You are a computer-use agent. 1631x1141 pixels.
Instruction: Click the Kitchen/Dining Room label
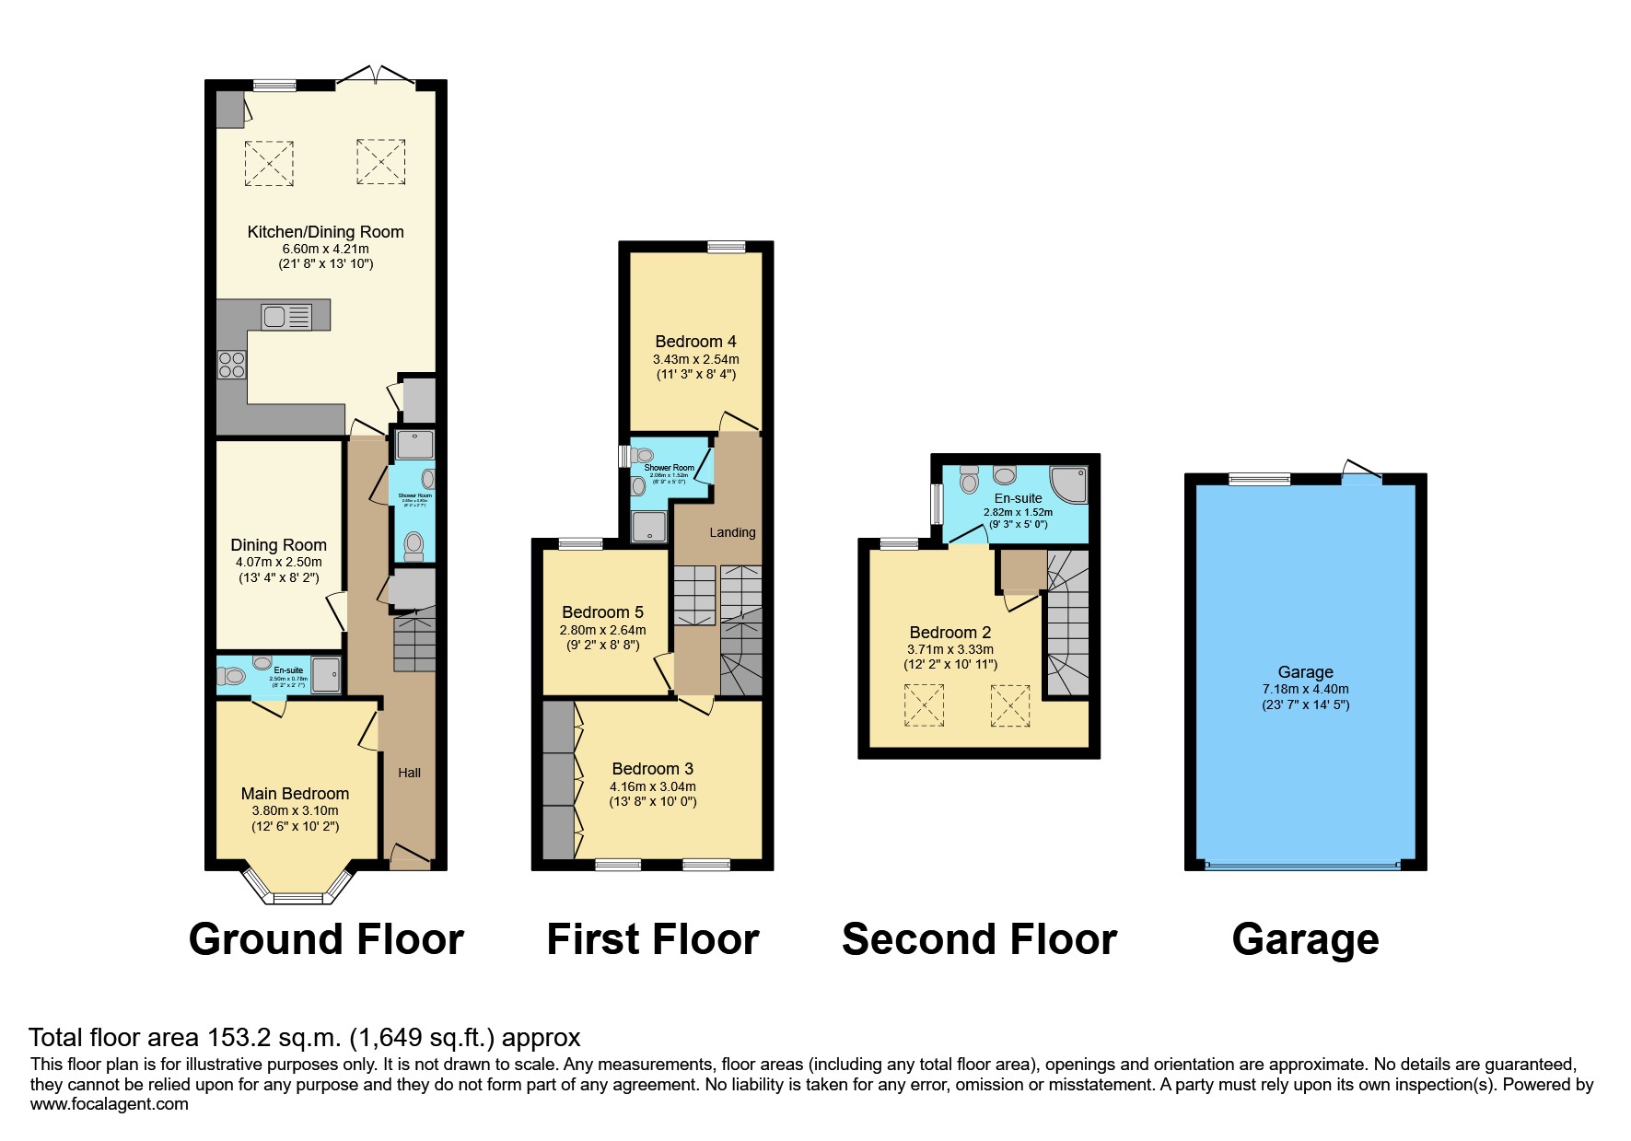tap(325, 232)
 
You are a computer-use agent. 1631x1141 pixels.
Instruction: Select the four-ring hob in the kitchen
tap(232, 365)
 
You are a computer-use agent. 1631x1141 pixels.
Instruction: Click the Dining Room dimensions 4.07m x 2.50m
tap(278, 562)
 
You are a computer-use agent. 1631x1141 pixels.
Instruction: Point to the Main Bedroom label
tap(295, 794)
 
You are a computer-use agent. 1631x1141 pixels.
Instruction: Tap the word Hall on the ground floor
tap(409, 773)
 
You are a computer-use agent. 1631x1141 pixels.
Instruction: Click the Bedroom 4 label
tap(695, 342)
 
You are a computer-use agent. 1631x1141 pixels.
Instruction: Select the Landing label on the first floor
tap(732, 532)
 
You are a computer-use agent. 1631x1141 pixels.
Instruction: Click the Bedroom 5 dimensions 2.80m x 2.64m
tap(602, 630)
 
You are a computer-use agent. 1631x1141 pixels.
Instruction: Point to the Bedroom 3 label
tap(652, 769)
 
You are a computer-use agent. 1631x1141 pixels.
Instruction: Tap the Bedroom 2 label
tap(949, 633)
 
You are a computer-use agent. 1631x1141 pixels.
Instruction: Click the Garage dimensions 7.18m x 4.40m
tap(1305, 689)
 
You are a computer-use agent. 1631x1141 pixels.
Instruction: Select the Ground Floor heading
tap(326, 939)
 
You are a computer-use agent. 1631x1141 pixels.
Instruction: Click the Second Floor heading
tap(979, 939)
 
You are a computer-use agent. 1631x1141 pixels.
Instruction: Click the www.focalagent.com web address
tap(109, 1104)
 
